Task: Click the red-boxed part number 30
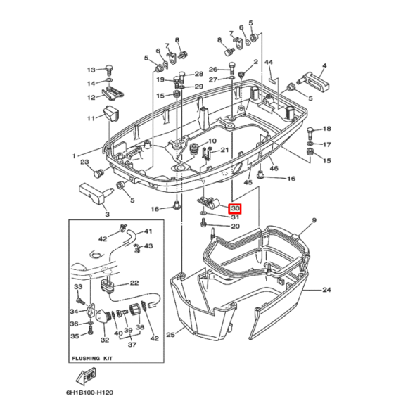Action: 236,208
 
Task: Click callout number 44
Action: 268,63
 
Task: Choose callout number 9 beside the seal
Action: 314,220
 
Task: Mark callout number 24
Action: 326,290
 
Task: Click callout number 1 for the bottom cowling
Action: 73,155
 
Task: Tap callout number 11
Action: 91,118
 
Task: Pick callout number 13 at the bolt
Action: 91,70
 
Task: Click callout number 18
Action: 326,129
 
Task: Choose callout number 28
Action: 198,74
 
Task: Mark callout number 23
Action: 83,162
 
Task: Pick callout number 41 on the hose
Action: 148,231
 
